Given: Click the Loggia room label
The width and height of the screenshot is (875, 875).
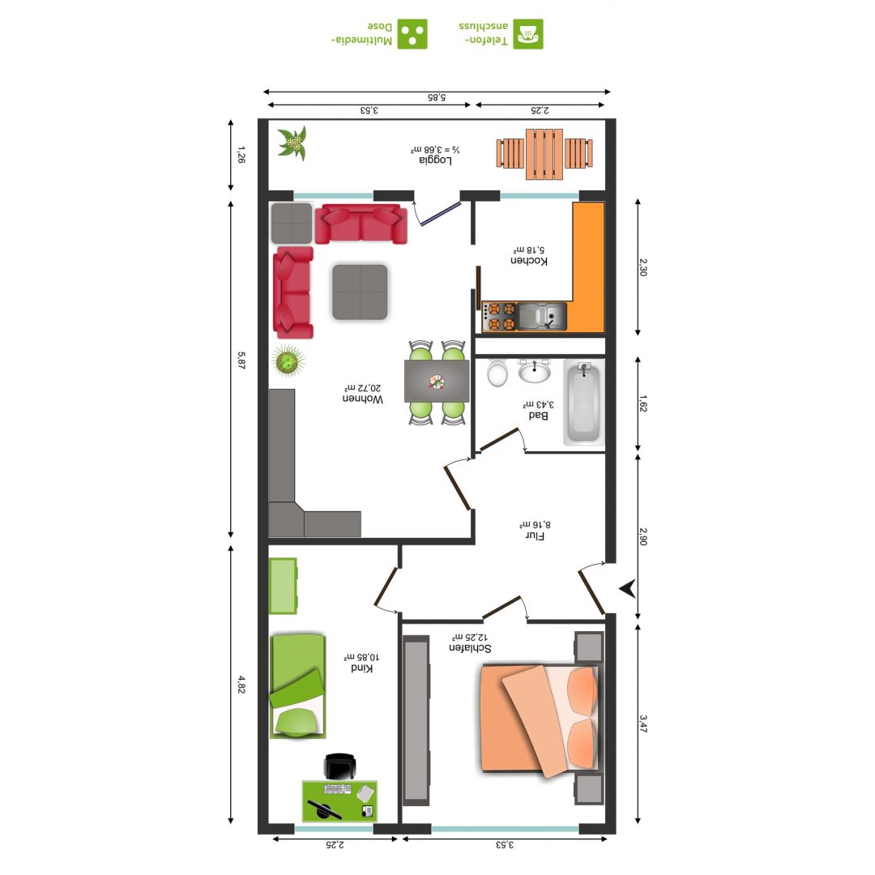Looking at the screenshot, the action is [435, 160].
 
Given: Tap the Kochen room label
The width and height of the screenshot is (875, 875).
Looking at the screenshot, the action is [529, 261].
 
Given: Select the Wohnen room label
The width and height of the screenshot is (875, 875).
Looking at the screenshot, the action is [363, 399].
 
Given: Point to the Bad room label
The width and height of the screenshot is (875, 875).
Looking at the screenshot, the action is [538, 415].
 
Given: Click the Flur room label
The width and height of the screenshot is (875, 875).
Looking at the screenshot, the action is [536, 536].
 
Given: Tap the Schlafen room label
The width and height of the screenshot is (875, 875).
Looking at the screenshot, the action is [470, 648].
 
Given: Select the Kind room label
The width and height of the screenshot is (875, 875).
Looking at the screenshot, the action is [361, 668].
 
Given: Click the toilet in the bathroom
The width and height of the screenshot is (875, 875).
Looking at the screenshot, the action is [497, 373].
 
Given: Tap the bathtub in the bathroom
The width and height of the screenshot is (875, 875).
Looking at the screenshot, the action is [583, 403].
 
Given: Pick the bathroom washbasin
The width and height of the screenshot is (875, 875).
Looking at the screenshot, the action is [535, 370].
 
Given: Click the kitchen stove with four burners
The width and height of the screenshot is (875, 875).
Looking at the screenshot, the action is [499, 317].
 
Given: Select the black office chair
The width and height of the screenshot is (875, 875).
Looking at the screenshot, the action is [339, 766].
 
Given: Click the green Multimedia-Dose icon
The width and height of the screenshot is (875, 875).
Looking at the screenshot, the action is [412, 34].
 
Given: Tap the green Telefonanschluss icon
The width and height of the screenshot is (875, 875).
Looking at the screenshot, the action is [528, 34].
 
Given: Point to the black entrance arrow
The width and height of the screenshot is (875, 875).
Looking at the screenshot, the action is [628, 588].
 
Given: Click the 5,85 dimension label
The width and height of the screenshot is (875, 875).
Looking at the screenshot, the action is [437, 98].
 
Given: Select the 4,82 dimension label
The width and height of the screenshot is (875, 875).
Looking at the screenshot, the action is [241, 684].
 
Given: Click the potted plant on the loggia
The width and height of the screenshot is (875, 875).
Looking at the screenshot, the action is [293, 143].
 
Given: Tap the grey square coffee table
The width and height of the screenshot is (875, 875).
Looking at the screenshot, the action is [360, 292].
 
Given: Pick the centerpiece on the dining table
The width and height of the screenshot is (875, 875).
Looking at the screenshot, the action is [437, 382].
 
